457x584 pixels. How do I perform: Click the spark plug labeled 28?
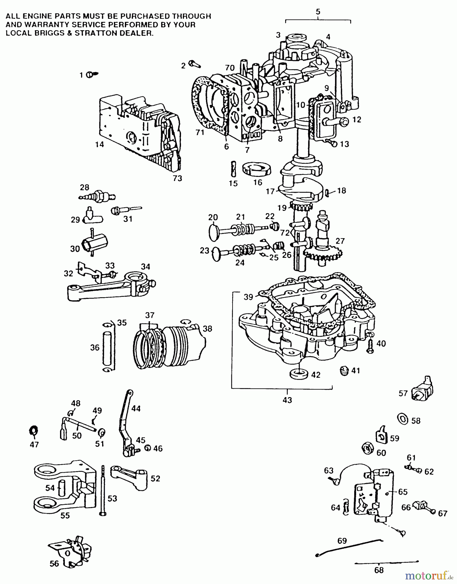[97, 197]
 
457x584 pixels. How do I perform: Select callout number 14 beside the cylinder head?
[99, 145]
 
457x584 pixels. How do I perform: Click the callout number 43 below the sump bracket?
[287, 400]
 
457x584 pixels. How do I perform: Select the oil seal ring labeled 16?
[257, 170]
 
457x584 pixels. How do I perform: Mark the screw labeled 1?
[92, 75]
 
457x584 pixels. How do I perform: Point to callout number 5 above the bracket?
[318, 12]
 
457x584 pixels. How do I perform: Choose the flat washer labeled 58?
[403, 419]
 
